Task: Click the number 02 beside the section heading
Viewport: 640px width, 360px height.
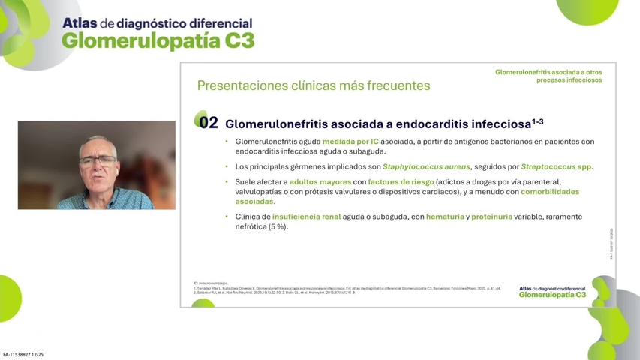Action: pos(208,123)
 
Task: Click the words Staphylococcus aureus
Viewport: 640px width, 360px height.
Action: pos(426,166)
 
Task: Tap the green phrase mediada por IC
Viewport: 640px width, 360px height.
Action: pos(350,142)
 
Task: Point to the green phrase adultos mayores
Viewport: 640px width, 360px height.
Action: pos(321,182)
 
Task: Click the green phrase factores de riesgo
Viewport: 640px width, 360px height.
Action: pos(401,182)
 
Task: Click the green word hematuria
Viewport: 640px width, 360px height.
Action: pos(445,217)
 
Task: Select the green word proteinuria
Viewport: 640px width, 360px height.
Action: pos(491,217)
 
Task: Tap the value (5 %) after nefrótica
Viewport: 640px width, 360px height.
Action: pos(278,227)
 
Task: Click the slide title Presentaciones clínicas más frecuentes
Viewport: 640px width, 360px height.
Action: pos(314,85)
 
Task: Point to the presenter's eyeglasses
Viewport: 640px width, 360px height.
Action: pos(98,160)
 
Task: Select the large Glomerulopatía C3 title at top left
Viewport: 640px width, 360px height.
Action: pos(158,40)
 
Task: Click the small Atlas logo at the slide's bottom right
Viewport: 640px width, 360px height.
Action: pos(552,292)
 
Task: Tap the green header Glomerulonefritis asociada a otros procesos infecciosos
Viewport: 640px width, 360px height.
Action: pos(548,76)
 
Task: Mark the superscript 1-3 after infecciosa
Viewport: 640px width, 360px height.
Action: pos(538,121)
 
